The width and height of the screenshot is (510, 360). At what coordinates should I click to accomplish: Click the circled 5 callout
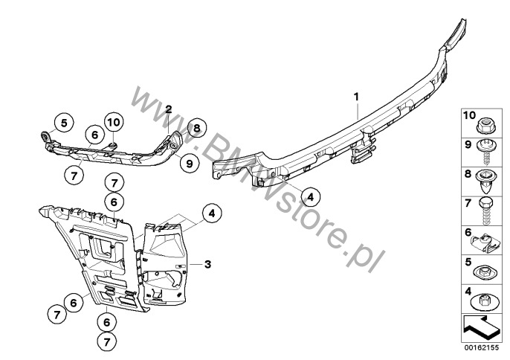(64, 123)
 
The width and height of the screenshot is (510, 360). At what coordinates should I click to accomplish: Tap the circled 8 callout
(196, 129)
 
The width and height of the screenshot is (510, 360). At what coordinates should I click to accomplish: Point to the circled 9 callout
(189, 161)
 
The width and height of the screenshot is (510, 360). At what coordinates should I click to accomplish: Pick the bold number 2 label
(169, 109)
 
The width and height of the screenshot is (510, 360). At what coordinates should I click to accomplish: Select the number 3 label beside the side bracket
(208, 263)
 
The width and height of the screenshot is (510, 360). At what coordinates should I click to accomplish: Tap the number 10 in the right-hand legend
(470, 116)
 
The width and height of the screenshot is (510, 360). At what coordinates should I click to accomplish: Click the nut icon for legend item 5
(488, 269)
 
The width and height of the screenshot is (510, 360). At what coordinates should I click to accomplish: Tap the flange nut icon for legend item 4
(488, 299)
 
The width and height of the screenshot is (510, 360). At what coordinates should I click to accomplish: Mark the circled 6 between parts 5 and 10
(93, 135)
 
